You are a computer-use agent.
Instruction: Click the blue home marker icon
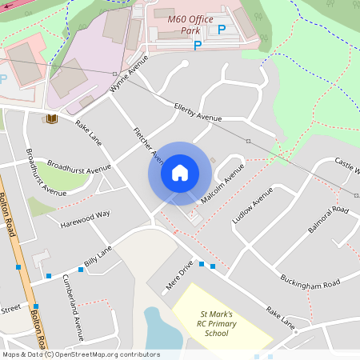click(180, 173)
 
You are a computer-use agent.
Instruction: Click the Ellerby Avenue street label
click(198, 112)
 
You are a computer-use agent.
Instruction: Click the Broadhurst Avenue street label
click(78, 168)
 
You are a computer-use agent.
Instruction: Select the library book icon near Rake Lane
click(52, 119)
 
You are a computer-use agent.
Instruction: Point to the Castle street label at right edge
click(347, 166)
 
